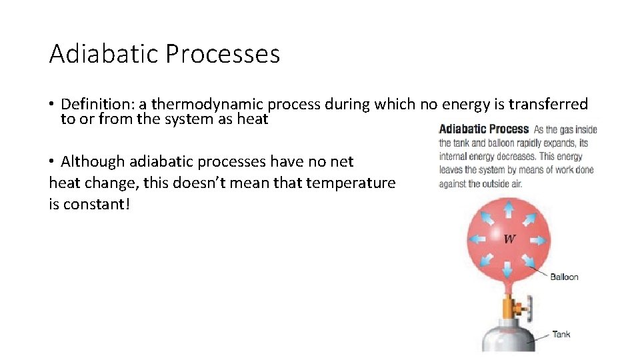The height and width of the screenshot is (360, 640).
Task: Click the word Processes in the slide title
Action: click(x=223, y=54)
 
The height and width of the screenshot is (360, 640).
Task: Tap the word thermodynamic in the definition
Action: click(x=208, y=104)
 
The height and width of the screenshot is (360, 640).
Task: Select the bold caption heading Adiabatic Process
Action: click(x=483, y=129)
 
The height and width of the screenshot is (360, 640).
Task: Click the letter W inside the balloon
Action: click(x=509, y=239)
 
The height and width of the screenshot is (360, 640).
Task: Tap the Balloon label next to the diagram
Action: click(x=564, y=277)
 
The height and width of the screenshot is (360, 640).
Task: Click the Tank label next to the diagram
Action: click(x=561, y=334)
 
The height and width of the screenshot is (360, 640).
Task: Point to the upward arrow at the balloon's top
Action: click(x=508, y=207)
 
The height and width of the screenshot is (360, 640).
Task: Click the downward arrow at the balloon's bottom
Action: click(x=508, y=269)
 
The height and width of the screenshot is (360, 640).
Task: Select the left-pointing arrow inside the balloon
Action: click(x=478, y=238)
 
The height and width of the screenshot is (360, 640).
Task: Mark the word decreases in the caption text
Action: click(x=518, y=157)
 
